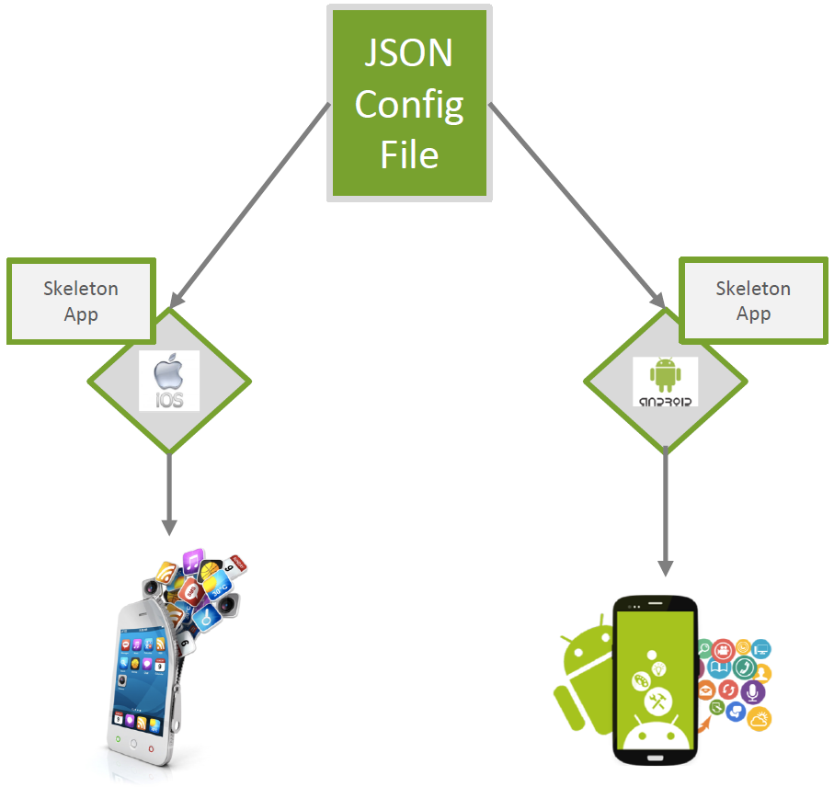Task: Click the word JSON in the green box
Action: (409, 53)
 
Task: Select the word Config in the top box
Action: (409, 104)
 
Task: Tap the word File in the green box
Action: (409, 154)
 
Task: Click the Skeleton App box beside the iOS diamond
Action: (81, 302)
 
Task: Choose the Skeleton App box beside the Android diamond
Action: (753, 302)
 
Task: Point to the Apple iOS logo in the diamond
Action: (169, 380)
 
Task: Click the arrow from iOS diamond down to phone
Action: (169, 492)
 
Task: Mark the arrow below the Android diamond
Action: (666, 510)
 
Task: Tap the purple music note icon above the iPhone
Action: (193, 561)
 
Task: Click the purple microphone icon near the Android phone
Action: (753, 691)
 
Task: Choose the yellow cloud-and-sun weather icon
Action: (760, 719)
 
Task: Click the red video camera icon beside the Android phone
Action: (724, 651)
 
